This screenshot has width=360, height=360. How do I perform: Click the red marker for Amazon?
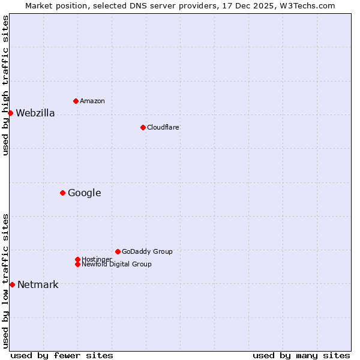[x=76, y=101]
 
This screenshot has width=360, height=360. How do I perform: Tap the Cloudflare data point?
[x=143, y=127]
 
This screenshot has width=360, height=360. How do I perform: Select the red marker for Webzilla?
[x=10, y=113]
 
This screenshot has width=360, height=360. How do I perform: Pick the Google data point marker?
[x=62, y=193]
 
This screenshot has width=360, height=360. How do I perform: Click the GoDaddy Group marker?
[x=118, y=251]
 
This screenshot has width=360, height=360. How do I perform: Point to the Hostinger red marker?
[x=77, y=259]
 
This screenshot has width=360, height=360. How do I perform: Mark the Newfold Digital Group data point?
[x=77, y=264]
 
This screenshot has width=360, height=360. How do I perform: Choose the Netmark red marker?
[x=12, y=284]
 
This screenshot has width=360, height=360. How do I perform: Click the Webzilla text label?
[x=35, y=113]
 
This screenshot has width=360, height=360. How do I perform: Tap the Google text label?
[x=84, y=193]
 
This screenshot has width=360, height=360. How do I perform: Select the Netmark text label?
[x=38, y=284]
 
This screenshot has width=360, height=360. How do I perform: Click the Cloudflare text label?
[x=163, y=127]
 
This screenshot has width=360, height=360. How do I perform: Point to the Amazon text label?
[x=92, y=101]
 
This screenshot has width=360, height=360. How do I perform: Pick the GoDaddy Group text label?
[x=147, y=251]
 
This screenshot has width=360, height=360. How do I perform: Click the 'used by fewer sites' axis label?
[x=62, y=355]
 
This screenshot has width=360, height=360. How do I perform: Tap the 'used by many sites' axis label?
[x=301, y=355]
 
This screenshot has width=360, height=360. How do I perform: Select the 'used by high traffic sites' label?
[x=6, y=85]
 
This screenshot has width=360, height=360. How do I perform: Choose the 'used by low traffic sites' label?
[x=6, y=281]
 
